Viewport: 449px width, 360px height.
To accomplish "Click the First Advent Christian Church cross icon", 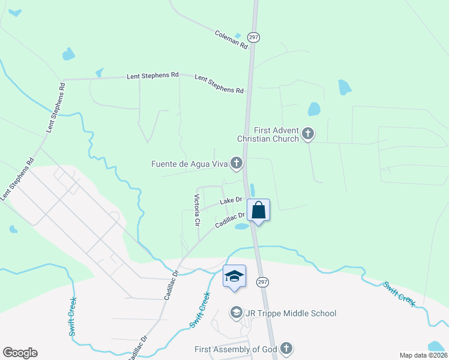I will tap(308, 133).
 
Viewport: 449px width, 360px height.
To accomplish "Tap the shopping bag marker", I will tap(258, 211).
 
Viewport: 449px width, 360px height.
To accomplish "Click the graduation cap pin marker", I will tap(234, 276).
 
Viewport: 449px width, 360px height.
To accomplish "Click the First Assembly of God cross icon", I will tap(286, 349).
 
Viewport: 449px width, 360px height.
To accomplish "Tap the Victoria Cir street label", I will tap(196, 209).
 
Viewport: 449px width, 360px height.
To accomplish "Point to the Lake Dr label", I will tap(231, 200).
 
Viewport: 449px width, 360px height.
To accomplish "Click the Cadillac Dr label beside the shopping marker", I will tap(231, 220).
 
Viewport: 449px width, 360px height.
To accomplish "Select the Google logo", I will tap(20, 353).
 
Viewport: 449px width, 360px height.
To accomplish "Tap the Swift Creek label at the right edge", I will tap(399, 293).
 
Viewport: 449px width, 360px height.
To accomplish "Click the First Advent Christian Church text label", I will tap(268, 134).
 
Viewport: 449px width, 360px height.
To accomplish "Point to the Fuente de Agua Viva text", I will tap(191, 163).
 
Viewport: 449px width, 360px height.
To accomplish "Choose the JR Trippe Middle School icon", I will tap(237, 313).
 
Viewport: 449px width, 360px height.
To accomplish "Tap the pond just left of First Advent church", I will tap(314, 109).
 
